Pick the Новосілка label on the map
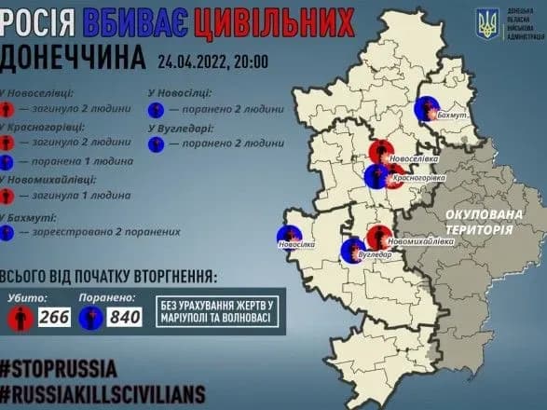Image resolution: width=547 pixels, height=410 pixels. (297, 245)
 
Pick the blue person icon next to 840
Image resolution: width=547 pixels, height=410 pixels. (91, 317)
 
